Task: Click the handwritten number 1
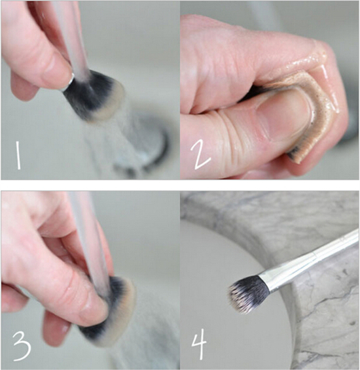(18, 155)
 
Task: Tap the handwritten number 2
(200, 156)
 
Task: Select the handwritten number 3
(22, 346)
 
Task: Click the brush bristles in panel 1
(94, 96)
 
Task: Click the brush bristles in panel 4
(249, 294)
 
